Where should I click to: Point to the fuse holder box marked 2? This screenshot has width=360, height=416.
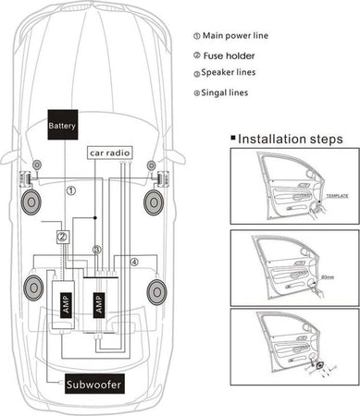coord(61,237)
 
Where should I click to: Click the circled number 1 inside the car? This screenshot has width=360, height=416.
coord(71,190)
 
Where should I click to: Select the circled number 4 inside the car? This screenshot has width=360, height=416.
coord(133,263)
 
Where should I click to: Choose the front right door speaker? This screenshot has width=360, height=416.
coord(153,200)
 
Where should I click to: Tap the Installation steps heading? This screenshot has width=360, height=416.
coord(290,139)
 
